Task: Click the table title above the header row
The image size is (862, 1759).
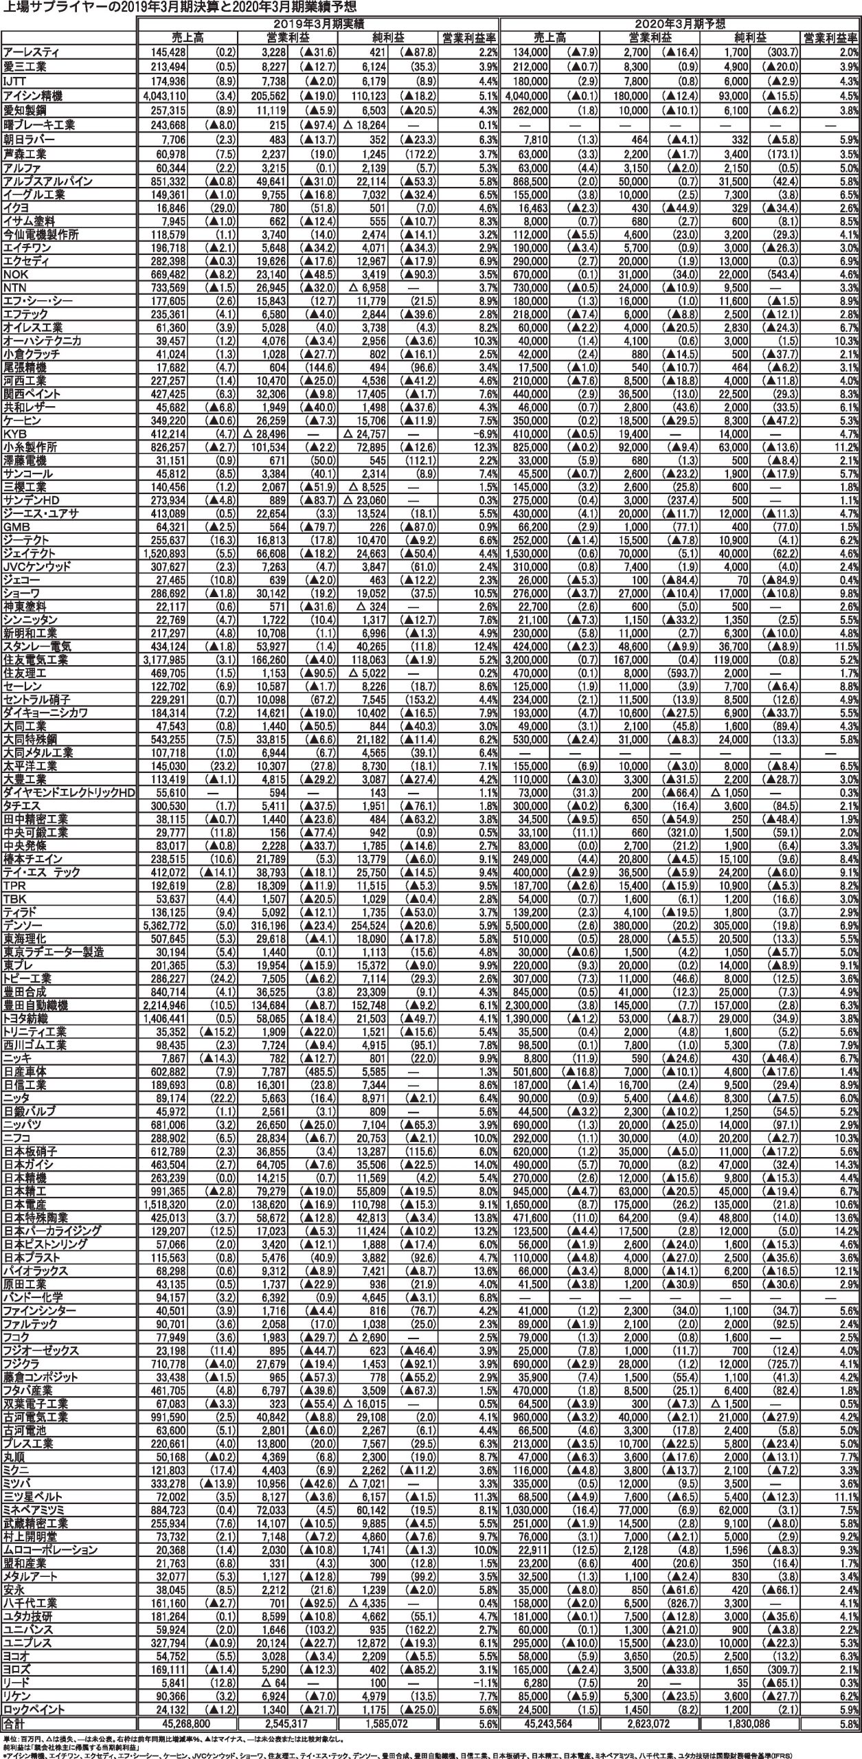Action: (x=179, y=7)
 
